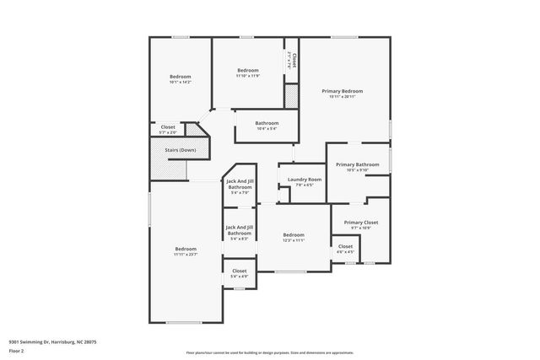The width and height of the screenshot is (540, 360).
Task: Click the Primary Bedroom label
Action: [346, 91]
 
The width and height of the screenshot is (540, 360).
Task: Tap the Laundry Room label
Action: [304, 180]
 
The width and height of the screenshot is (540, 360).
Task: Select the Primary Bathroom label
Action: [357, 164]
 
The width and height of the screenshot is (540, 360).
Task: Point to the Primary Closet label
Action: [360, 223]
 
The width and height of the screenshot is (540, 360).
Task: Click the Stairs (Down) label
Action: [180, 150]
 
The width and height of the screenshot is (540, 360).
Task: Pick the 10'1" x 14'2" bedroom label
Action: [180, 77]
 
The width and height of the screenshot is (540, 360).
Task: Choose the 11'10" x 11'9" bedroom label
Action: [247, 70]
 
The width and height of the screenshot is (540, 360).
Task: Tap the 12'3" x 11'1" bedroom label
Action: [294, 234]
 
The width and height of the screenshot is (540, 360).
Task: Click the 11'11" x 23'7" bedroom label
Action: [186, 249]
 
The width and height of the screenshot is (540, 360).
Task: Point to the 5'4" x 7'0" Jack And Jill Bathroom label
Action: [240, 184]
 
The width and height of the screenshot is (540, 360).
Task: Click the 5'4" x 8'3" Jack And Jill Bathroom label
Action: [240, 229]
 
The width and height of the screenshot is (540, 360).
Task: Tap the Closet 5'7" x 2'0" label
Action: [168, 127]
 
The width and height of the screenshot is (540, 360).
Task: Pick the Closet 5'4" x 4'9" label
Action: [240, 271]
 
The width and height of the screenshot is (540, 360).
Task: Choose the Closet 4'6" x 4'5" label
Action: [346, 246]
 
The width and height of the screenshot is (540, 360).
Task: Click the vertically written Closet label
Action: [293, 60]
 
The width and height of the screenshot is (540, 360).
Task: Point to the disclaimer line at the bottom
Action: [270, 353]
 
